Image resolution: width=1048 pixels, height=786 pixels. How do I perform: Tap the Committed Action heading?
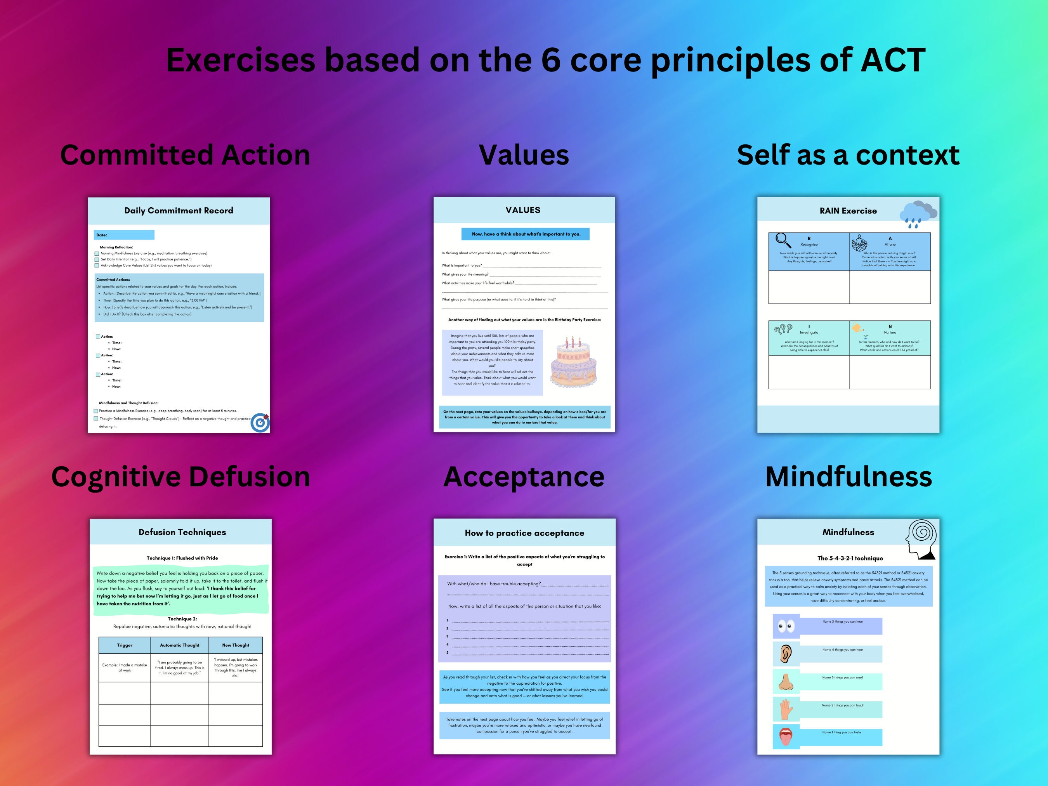click(185, 155)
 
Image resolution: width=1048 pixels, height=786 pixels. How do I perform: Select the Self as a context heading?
click(848, 155)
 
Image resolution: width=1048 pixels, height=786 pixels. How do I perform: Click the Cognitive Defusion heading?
click(180, 477)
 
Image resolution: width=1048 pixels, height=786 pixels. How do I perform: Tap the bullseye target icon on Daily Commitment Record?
click(260, 423)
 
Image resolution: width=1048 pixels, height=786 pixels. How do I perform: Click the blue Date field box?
click(124, 235)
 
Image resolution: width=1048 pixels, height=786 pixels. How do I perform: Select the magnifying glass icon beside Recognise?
click(783, 240)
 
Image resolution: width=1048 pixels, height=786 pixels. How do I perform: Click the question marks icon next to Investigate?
click(783, 329)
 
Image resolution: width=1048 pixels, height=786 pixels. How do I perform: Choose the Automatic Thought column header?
click(180, 645)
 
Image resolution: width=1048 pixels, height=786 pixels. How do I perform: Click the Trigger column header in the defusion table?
click(125, 645)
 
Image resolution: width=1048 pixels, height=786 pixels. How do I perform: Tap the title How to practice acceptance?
click(524, 533)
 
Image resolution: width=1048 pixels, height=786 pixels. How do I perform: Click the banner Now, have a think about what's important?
click(526, 234)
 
